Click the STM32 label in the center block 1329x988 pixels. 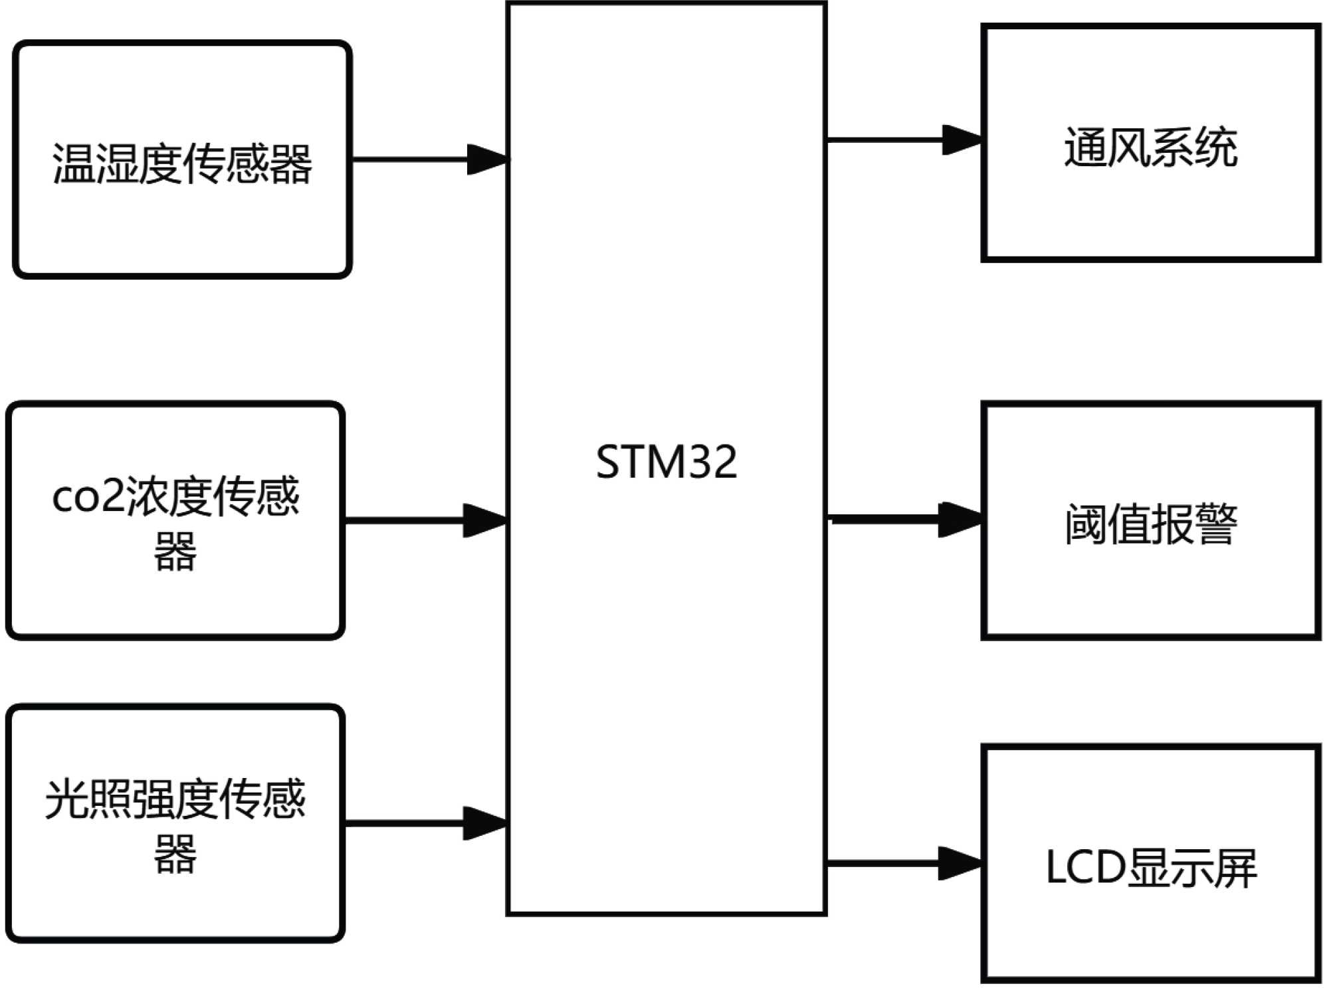coord(666,462)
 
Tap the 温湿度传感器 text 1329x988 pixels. coord(182,163)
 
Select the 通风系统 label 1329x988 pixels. coord(1150,148)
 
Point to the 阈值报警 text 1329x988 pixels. coord(1150,524)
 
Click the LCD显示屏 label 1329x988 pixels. coord(1150,868)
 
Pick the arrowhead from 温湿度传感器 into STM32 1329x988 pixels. coord(488,159)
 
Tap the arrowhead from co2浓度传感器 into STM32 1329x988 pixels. coord(485,520)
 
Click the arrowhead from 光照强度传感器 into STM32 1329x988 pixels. coord(485,823)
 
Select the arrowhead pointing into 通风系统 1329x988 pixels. coord(963,140)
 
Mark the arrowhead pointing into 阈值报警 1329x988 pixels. coord(960,520)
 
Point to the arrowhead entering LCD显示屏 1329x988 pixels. coord(960,863)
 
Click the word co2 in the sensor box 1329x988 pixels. coord(88,497)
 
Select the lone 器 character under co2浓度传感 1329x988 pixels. coord(175,551)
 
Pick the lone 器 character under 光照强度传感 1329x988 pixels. coord(175,854)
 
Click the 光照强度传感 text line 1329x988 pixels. coord(175,799)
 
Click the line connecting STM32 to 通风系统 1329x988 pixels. coord(884,140)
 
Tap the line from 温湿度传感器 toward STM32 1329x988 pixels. coord(409,159)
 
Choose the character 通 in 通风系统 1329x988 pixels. coord(1086,148)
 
